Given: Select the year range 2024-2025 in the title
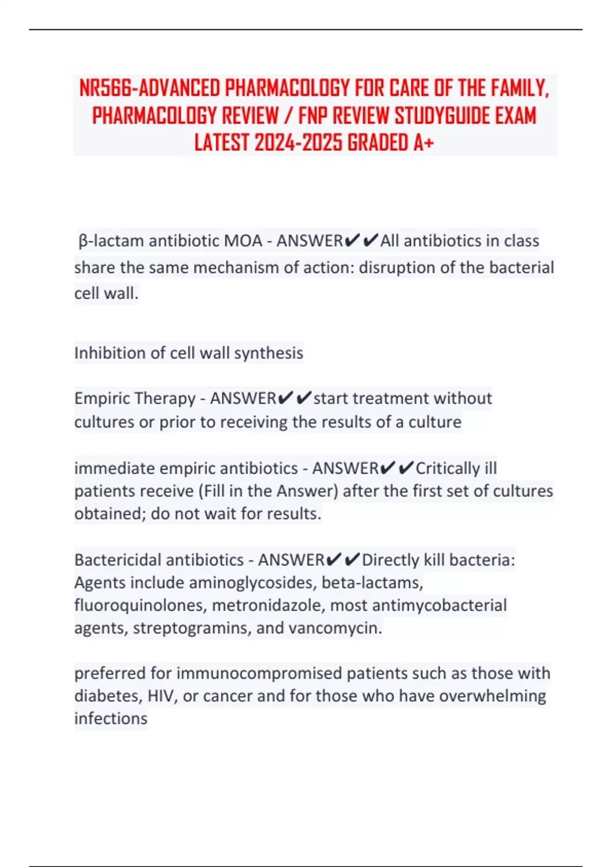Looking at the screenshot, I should click(x=298, y=143).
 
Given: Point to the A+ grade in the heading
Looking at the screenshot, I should click(x=423, y=143).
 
